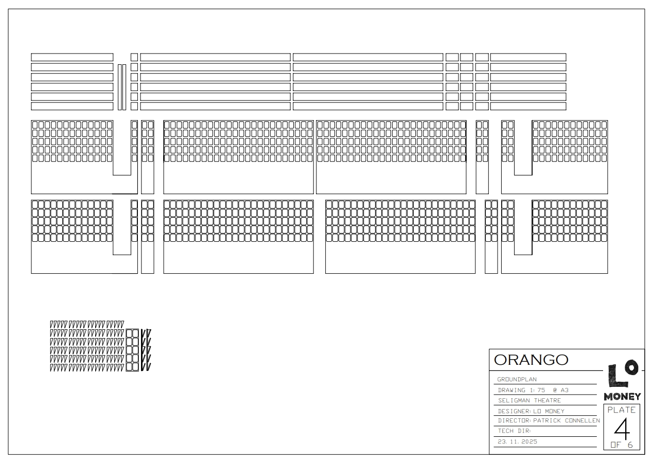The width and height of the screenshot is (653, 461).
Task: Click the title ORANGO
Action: point(531,360)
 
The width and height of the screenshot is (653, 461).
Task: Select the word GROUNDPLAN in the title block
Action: point(517,379)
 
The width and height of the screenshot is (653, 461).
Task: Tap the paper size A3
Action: point(564,390)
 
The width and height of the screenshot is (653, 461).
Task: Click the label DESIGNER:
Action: point(515,411)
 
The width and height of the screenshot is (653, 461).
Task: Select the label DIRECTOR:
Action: point(515,420)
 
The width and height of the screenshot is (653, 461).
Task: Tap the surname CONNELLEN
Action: point(583,420)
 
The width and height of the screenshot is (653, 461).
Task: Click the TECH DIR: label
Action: point(515,431)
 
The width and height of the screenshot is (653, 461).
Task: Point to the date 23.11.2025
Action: point(517,442)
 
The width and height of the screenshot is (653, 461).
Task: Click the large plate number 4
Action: point(622,430)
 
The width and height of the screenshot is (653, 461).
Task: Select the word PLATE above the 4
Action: point(622,410)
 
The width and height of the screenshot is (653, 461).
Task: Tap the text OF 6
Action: point(622,445)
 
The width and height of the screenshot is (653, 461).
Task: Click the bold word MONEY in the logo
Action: point(622,397)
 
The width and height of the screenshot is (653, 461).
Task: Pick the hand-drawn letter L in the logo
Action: point(615,376)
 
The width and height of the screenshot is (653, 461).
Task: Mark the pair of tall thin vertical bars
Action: point(122,87)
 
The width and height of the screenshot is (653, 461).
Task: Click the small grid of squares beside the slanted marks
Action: point(132,350)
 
